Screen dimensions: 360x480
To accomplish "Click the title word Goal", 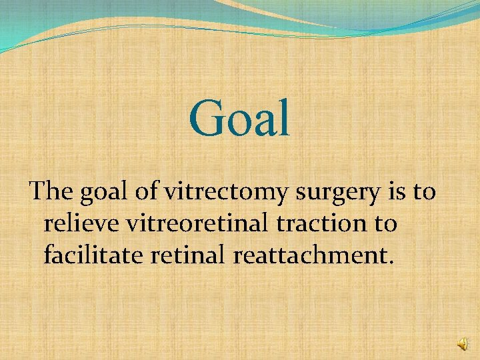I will tap(240, 119).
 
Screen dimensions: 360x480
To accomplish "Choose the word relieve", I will tap(77, 223).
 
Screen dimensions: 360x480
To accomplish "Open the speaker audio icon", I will tap(463, 343).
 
